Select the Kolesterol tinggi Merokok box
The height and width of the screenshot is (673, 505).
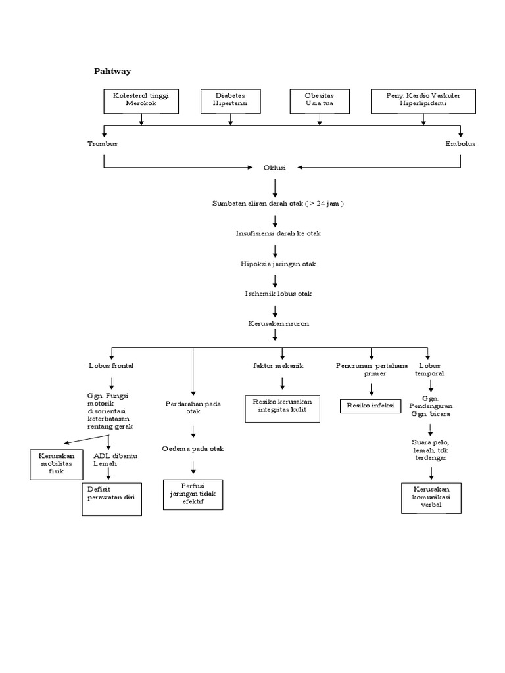click(141, 100)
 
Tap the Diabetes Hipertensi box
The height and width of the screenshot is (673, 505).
click(230, 100)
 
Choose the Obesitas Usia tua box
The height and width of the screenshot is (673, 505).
click(320, 100)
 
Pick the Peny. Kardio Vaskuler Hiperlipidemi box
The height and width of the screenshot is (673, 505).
click(423, 100)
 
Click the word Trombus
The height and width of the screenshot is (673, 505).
click(103, 143)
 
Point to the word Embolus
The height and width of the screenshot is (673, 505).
click(460, 143)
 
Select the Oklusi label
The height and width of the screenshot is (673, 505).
click(275, 168)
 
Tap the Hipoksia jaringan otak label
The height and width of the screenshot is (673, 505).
click(278, 264)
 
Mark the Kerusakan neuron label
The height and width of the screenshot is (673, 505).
click(278, 323)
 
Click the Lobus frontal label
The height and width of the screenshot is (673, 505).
click(111, 365)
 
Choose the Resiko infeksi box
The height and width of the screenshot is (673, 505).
click(370, 406)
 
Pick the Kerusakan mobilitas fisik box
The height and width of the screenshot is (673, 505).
click(56, 464)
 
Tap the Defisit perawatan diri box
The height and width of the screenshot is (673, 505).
click(112, 499)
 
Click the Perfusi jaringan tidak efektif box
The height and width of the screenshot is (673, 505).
click(193, 494)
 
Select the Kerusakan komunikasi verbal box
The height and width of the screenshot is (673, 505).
click(431, 498)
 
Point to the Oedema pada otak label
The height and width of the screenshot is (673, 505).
click(193, 448)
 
